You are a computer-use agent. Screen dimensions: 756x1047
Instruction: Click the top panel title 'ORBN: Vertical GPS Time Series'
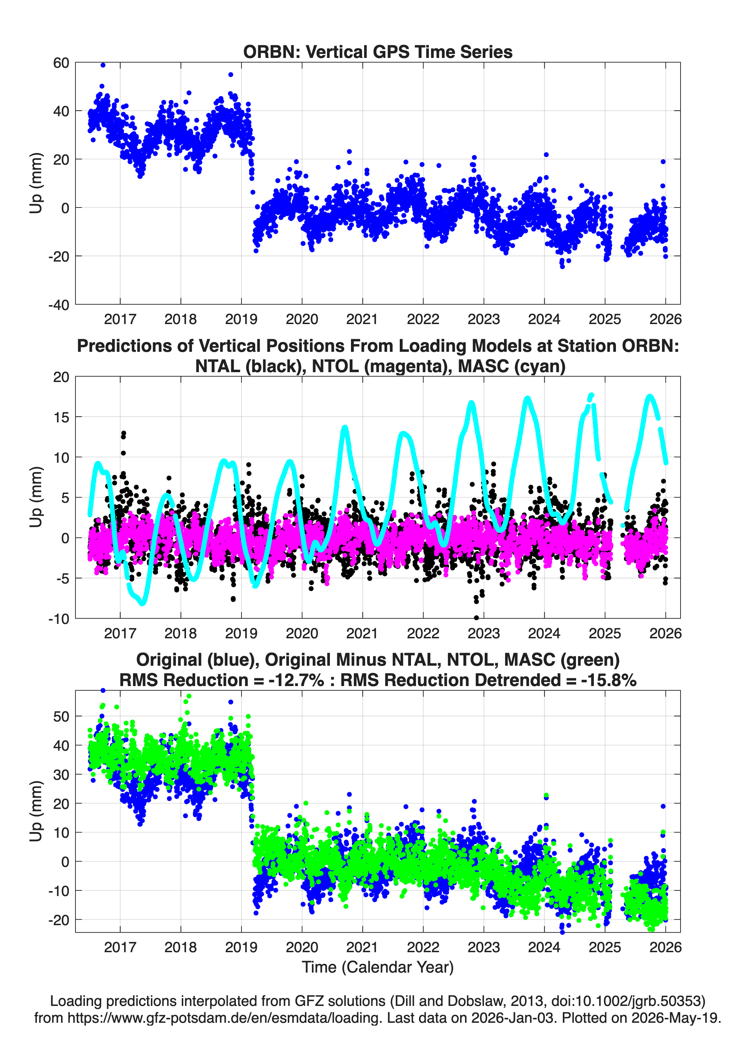[378, 52]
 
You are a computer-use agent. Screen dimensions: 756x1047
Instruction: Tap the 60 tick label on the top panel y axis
[61, 63]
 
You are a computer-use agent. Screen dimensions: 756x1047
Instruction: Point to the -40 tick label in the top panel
[59, 305]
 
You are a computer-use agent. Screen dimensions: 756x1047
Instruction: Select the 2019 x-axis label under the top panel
[241, 319]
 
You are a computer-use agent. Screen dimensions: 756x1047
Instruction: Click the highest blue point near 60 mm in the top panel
[103, 65]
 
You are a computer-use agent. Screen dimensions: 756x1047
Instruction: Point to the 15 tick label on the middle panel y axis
[61, 417]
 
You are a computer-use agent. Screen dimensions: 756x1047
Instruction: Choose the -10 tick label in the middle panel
[59, 619]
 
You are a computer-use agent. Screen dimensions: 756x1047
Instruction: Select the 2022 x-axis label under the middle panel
[423, 633]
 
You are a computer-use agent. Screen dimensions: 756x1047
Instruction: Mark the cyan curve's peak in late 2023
[527, 398]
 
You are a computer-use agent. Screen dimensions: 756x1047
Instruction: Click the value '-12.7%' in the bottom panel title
[296, 680]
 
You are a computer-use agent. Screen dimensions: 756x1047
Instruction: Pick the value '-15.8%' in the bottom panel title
[609, 680]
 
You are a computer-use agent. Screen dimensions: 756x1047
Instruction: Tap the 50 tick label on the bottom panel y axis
[61, 717]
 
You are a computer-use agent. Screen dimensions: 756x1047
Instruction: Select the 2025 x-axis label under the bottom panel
[605, 947]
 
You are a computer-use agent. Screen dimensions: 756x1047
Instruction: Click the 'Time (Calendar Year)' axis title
[378, 967]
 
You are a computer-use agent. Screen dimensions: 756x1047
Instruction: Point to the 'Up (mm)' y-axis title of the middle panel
[36, 497]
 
